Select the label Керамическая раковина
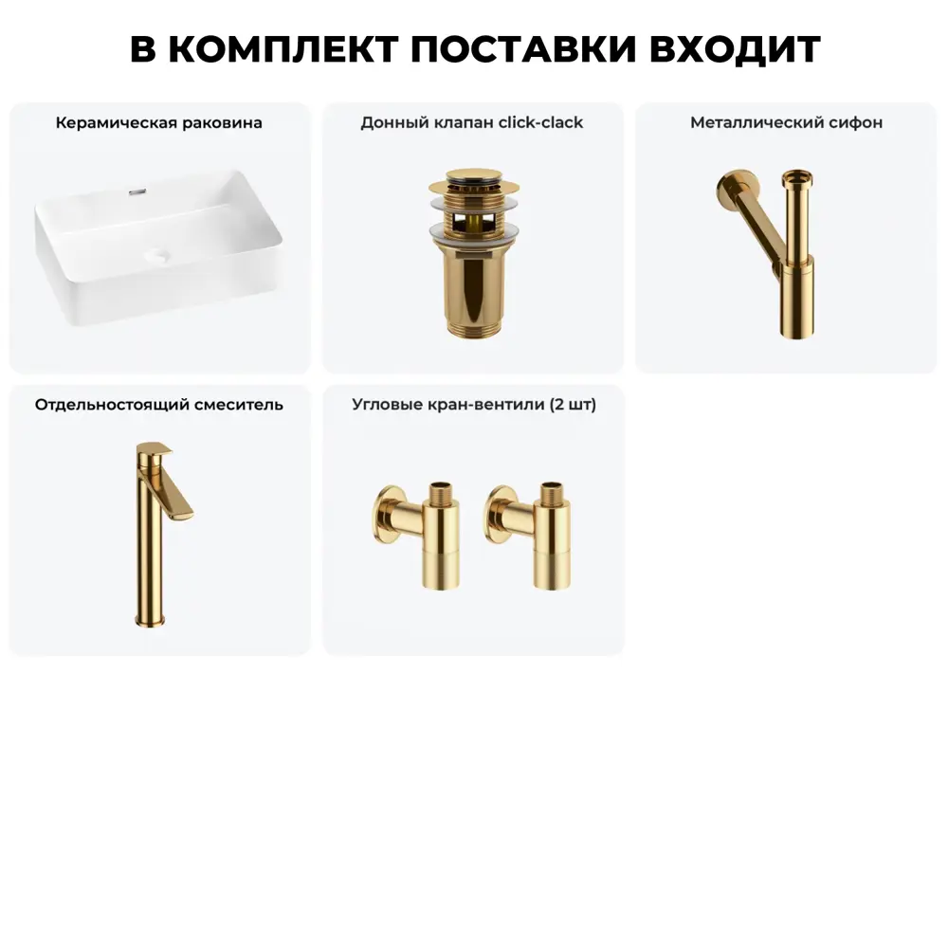159,123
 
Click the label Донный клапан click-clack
472,123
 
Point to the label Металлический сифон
786,123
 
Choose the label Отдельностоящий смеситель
159,405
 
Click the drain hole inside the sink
155,255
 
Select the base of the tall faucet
144,619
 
